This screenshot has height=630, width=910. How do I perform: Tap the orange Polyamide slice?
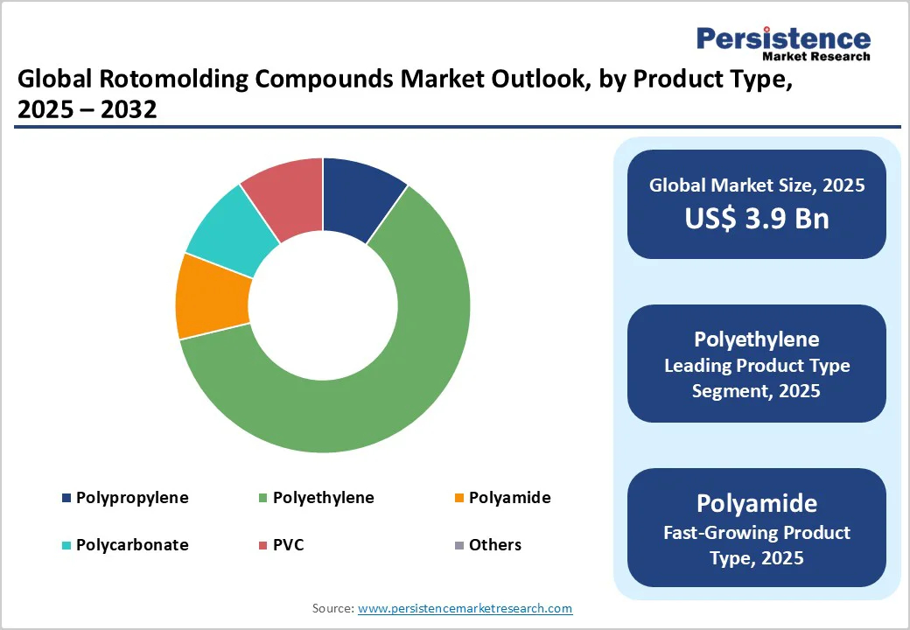(x=210, y=296)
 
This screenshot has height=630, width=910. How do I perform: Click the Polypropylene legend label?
(x=132, y=498)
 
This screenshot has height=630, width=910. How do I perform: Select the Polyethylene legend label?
(x=323, y=498)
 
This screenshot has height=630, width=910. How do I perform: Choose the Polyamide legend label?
(x=509, y=498)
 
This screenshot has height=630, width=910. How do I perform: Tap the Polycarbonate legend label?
(x=132, y=544)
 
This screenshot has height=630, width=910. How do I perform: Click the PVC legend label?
(x=289, y=544)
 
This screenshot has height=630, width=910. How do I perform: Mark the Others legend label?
(x=494, y=544)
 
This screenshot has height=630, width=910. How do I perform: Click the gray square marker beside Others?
(x=458, y=545)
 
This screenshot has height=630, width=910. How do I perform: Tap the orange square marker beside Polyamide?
(x=458, y=499)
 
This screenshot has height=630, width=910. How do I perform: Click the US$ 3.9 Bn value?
(x=756, y=218)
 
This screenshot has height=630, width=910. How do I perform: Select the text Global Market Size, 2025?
(x=756, y=185)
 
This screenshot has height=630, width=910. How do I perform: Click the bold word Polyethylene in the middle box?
(x=756, y=339)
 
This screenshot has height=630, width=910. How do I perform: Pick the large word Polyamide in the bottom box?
(x=756, y=503)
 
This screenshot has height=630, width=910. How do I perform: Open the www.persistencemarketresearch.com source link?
(x=465, y=608)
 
